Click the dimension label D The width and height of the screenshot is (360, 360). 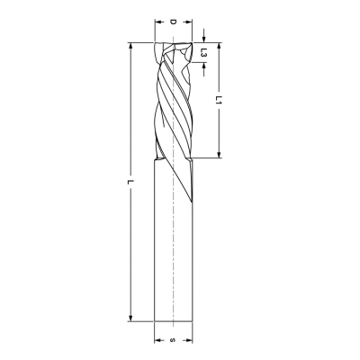[173, 22]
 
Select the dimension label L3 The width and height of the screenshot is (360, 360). [203, 53]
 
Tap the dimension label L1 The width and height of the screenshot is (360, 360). [220, 100]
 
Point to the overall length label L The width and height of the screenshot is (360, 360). [130, 182]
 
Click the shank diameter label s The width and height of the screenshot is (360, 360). [173, 340]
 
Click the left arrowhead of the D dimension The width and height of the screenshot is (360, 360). [157, 22]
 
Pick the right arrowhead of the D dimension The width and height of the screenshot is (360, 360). [188, 22]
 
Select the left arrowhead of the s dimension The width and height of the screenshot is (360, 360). [157, 340]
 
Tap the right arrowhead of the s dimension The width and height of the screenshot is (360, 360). [188, 340]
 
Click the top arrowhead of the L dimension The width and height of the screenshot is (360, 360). [130, 47]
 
